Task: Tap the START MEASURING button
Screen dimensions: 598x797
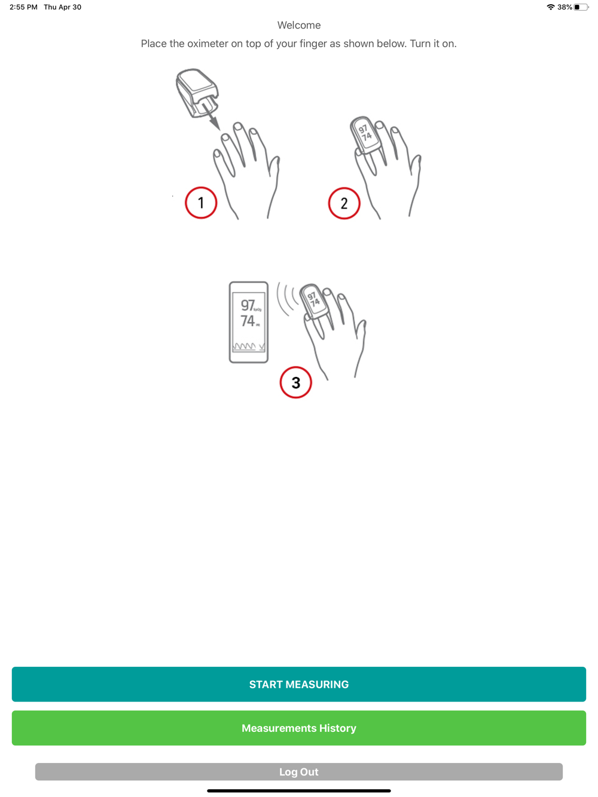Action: (298, 684)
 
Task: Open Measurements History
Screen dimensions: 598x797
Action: (298, 728)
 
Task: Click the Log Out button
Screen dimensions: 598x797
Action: (298, 771)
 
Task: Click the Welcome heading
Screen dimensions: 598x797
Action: (299, 25)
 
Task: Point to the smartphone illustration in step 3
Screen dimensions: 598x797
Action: (249, 322)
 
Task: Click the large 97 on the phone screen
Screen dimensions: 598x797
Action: (248, 305)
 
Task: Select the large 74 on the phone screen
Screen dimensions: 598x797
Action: (248, 321)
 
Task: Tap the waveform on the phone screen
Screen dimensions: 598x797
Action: (249, 346)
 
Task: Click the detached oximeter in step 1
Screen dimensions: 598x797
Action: (197, 93)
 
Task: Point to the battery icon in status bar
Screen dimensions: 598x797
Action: (581, 7)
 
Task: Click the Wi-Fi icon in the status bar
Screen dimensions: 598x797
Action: (551, 7)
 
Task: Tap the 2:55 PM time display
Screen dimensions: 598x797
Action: (23, 7)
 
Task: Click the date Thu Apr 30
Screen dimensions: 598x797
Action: (62, 7)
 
